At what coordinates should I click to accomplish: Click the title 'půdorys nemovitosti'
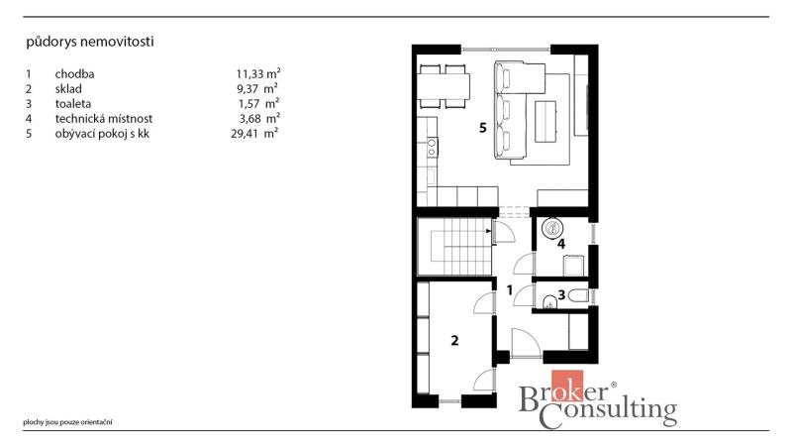(90, 42)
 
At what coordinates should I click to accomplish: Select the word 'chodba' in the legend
(75, 73)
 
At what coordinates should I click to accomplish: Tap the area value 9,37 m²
(257, 89)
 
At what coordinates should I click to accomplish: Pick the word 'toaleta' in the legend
(73, 104)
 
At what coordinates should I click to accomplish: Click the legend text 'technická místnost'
(104, 119)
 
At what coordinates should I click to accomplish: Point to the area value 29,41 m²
(254, 134)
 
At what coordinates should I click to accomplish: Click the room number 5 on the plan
(483, 128)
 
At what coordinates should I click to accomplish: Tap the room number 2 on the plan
(454, 340)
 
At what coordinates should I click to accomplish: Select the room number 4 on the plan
(561, 244)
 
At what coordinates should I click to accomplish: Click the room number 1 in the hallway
(510, 290)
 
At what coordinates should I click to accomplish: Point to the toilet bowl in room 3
(578, 295)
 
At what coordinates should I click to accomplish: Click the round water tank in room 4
(552, 228)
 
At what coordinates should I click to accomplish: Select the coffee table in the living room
(545, 121)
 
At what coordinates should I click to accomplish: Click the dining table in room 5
(444, 86)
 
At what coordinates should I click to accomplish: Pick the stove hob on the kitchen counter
(433, 147)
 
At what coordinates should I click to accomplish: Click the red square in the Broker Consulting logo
(567, 386)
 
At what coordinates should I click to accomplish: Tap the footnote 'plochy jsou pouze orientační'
(67, 422)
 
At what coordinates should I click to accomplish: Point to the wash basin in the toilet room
(549, 303)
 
